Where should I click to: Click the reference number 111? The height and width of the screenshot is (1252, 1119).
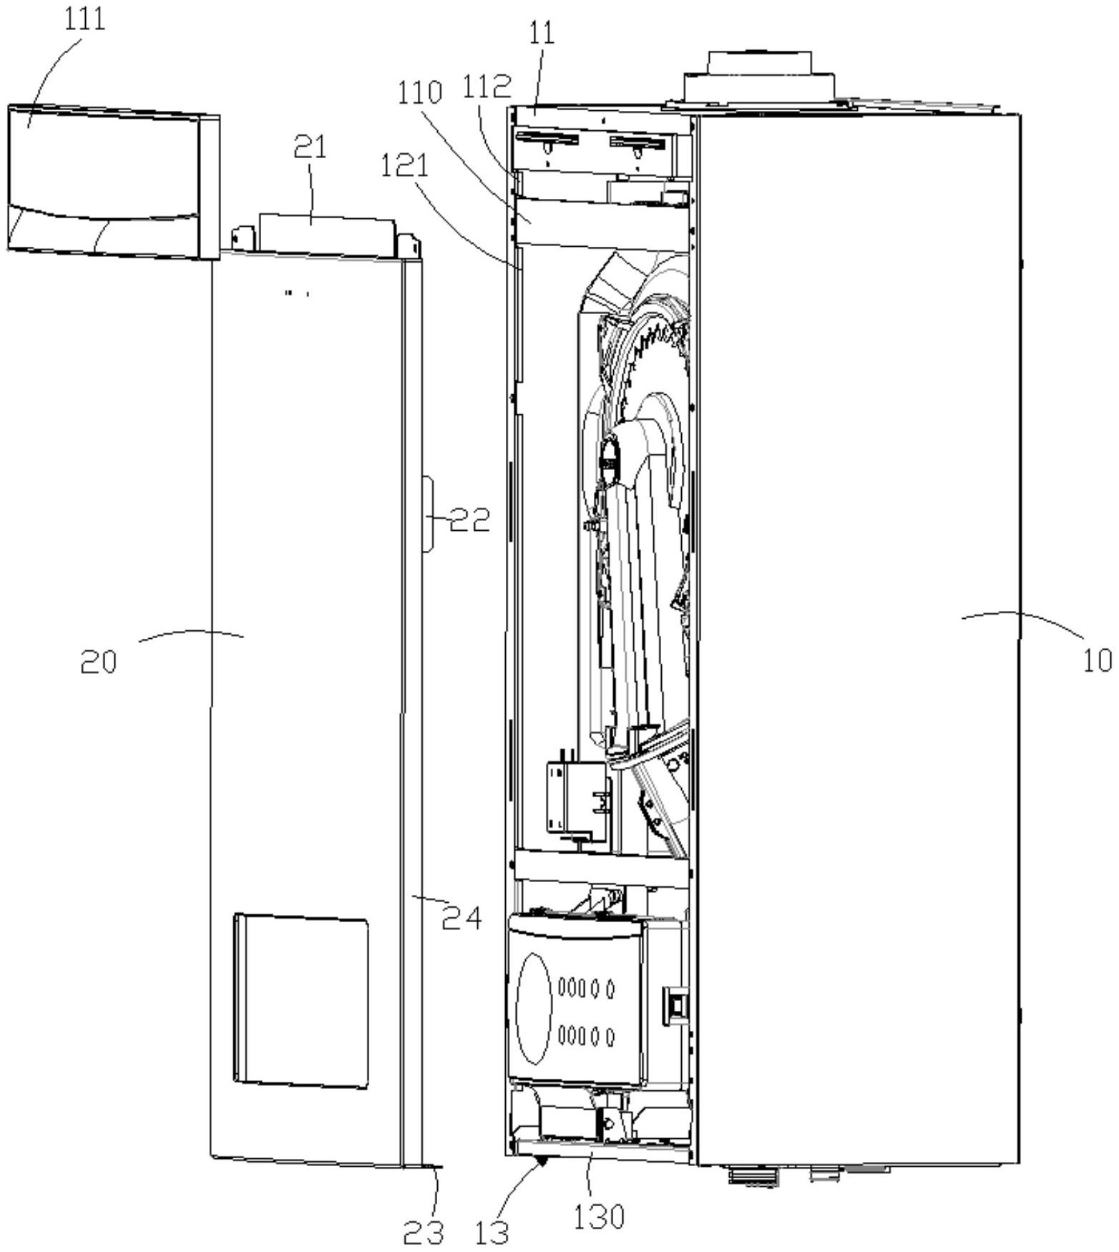pos(84,19)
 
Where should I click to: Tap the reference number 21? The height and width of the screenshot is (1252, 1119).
pos(310,147)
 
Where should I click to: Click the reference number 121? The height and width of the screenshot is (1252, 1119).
pos(404,166)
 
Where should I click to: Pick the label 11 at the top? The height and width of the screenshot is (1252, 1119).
pos(542,34)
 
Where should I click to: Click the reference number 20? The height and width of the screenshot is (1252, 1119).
pos(98,663)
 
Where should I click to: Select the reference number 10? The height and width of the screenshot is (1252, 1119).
pos(1096,660)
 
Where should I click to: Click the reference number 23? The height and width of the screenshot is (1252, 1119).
pos(422,1232)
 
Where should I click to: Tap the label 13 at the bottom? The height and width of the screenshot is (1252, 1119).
pos(492,1232)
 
